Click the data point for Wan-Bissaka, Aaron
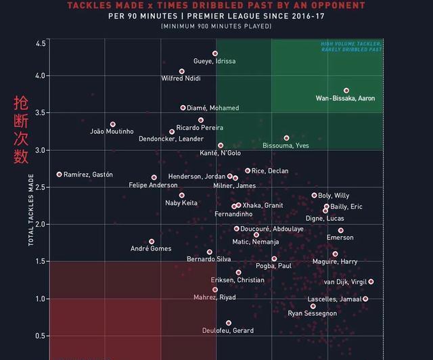(346, 90)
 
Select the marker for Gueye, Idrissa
(215, 53)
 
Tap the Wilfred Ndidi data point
(181, 71)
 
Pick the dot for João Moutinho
(113, 125)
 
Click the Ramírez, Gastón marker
(59, 174)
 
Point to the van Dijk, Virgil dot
(371, 282)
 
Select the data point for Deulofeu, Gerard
(229, 323)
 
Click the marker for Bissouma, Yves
(286, 138)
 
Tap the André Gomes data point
(152, 241)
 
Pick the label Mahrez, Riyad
(214, 297)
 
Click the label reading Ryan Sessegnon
(312, 313)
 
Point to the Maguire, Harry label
(335, 262)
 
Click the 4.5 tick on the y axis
(40, 43)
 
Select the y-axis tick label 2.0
(40, 224)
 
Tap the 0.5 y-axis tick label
(40, 336)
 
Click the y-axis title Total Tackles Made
(30, 210)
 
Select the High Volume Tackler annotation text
(350, 47)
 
